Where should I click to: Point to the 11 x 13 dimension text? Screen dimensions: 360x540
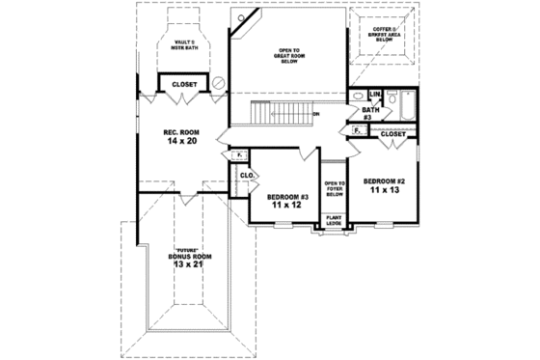tap(384, 190)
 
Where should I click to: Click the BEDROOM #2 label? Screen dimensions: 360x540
tap(384, 180)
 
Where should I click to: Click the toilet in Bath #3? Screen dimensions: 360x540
tap(353, 97)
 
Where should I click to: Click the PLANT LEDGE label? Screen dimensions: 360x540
tap(334, 221)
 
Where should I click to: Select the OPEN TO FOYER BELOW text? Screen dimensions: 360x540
tap(334, 187)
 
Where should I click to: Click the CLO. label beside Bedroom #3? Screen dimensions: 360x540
tap(246, 175)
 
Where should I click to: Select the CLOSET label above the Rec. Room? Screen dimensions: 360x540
tap(184, 84)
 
